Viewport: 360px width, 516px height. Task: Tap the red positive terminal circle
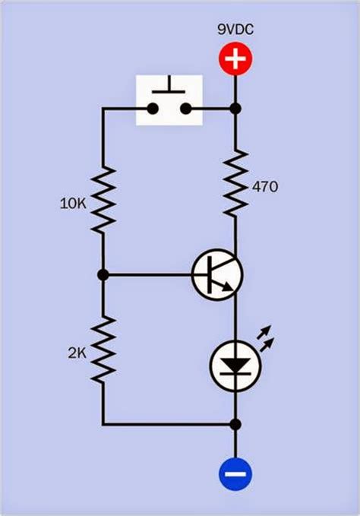[235, 59]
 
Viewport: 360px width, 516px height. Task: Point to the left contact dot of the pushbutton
[153, 109]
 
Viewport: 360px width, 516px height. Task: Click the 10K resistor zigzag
[103, 199]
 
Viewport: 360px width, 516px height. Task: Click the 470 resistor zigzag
[235, 182]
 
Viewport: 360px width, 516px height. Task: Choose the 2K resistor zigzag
[103, 350]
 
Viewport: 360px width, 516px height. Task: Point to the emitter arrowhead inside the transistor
[227, 288]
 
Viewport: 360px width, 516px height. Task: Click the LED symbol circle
[235, 366]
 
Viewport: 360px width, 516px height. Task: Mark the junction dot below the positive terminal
[235, 109]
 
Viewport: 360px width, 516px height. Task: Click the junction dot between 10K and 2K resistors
[103, 274]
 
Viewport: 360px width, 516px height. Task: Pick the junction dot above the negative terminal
[235, 424]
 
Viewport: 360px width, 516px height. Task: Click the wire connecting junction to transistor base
[152, 274]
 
